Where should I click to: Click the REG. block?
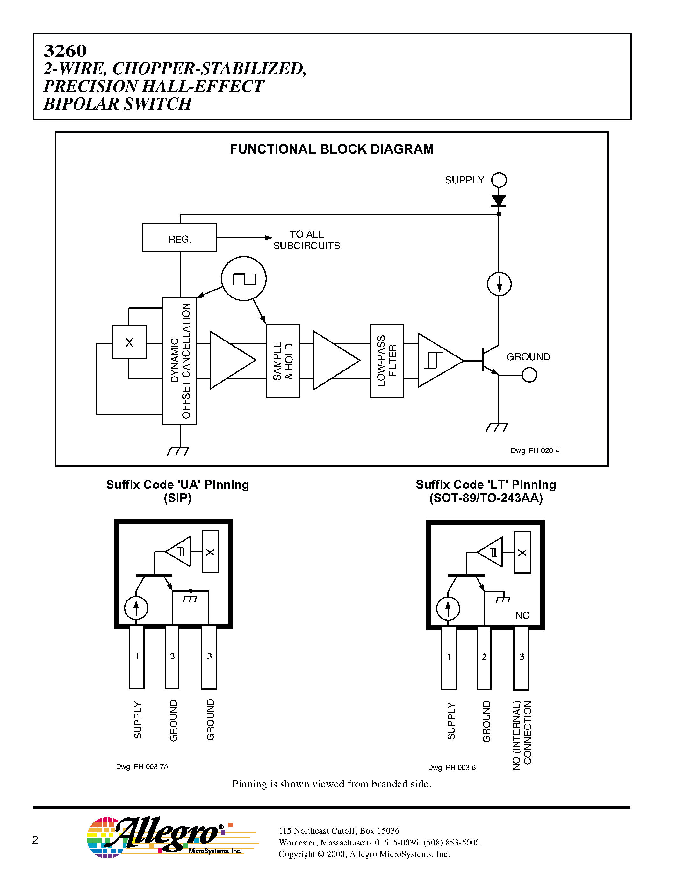pos(179,237)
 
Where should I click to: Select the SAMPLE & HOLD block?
pos(283,361)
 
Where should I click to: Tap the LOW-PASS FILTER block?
pos(387,361)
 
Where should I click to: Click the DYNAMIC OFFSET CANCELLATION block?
pos(180,361)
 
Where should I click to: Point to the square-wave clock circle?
pos(244,278)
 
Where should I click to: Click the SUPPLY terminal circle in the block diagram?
pos(499,180)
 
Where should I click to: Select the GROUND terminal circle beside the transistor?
pos(529,375)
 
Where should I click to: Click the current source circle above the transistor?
pos(499,284)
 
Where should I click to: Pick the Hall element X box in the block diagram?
pos(129,342)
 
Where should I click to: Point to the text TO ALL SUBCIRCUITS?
pos(306,240)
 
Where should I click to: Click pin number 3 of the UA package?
pos(209,656)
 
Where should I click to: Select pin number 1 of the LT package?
pos(449,657)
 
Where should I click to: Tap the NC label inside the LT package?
pos(522,615)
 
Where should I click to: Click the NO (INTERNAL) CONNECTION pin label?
pos(522,735)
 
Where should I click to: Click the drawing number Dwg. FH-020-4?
pos(535,450)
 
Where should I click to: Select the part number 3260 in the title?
pos(65,51)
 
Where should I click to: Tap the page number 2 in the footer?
pos(35,839)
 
